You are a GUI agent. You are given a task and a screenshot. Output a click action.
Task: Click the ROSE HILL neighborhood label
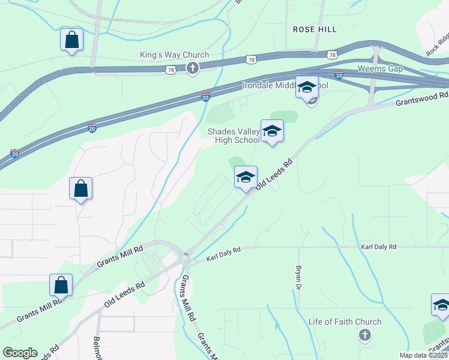(314, 29)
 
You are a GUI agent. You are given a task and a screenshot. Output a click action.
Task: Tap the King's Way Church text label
(174, 55)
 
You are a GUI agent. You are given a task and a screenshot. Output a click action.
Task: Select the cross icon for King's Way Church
(192, 68)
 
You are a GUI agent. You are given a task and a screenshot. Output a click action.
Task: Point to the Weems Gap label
(380, 68)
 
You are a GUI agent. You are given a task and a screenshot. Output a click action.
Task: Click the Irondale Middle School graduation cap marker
(307, 88)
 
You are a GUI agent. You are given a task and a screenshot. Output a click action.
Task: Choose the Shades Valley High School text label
(234, 136)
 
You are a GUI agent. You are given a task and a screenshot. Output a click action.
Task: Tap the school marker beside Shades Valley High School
(272, 131)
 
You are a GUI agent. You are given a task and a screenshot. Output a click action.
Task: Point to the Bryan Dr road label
(298, 278)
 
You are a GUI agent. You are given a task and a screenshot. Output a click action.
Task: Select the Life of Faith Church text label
(345, 322)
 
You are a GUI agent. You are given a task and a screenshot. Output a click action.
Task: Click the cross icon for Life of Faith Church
(364, 335)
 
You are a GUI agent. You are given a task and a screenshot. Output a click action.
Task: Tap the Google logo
(20, 352)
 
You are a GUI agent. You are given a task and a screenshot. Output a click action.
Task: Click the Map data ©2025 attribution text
(423, 355)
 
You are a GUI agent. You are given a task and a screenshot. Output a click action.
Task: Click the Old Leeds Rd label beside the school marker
(274, 175)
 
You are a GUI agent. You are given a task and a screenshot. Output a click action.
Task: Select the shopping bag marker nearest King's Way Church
(71, 40)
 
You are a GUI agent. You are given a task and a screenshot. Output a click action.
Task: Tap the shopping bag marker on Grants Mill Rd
(61, 285)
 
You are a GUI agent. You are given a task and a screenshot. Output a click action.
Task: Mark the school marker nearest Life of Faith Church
(441, 305)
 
